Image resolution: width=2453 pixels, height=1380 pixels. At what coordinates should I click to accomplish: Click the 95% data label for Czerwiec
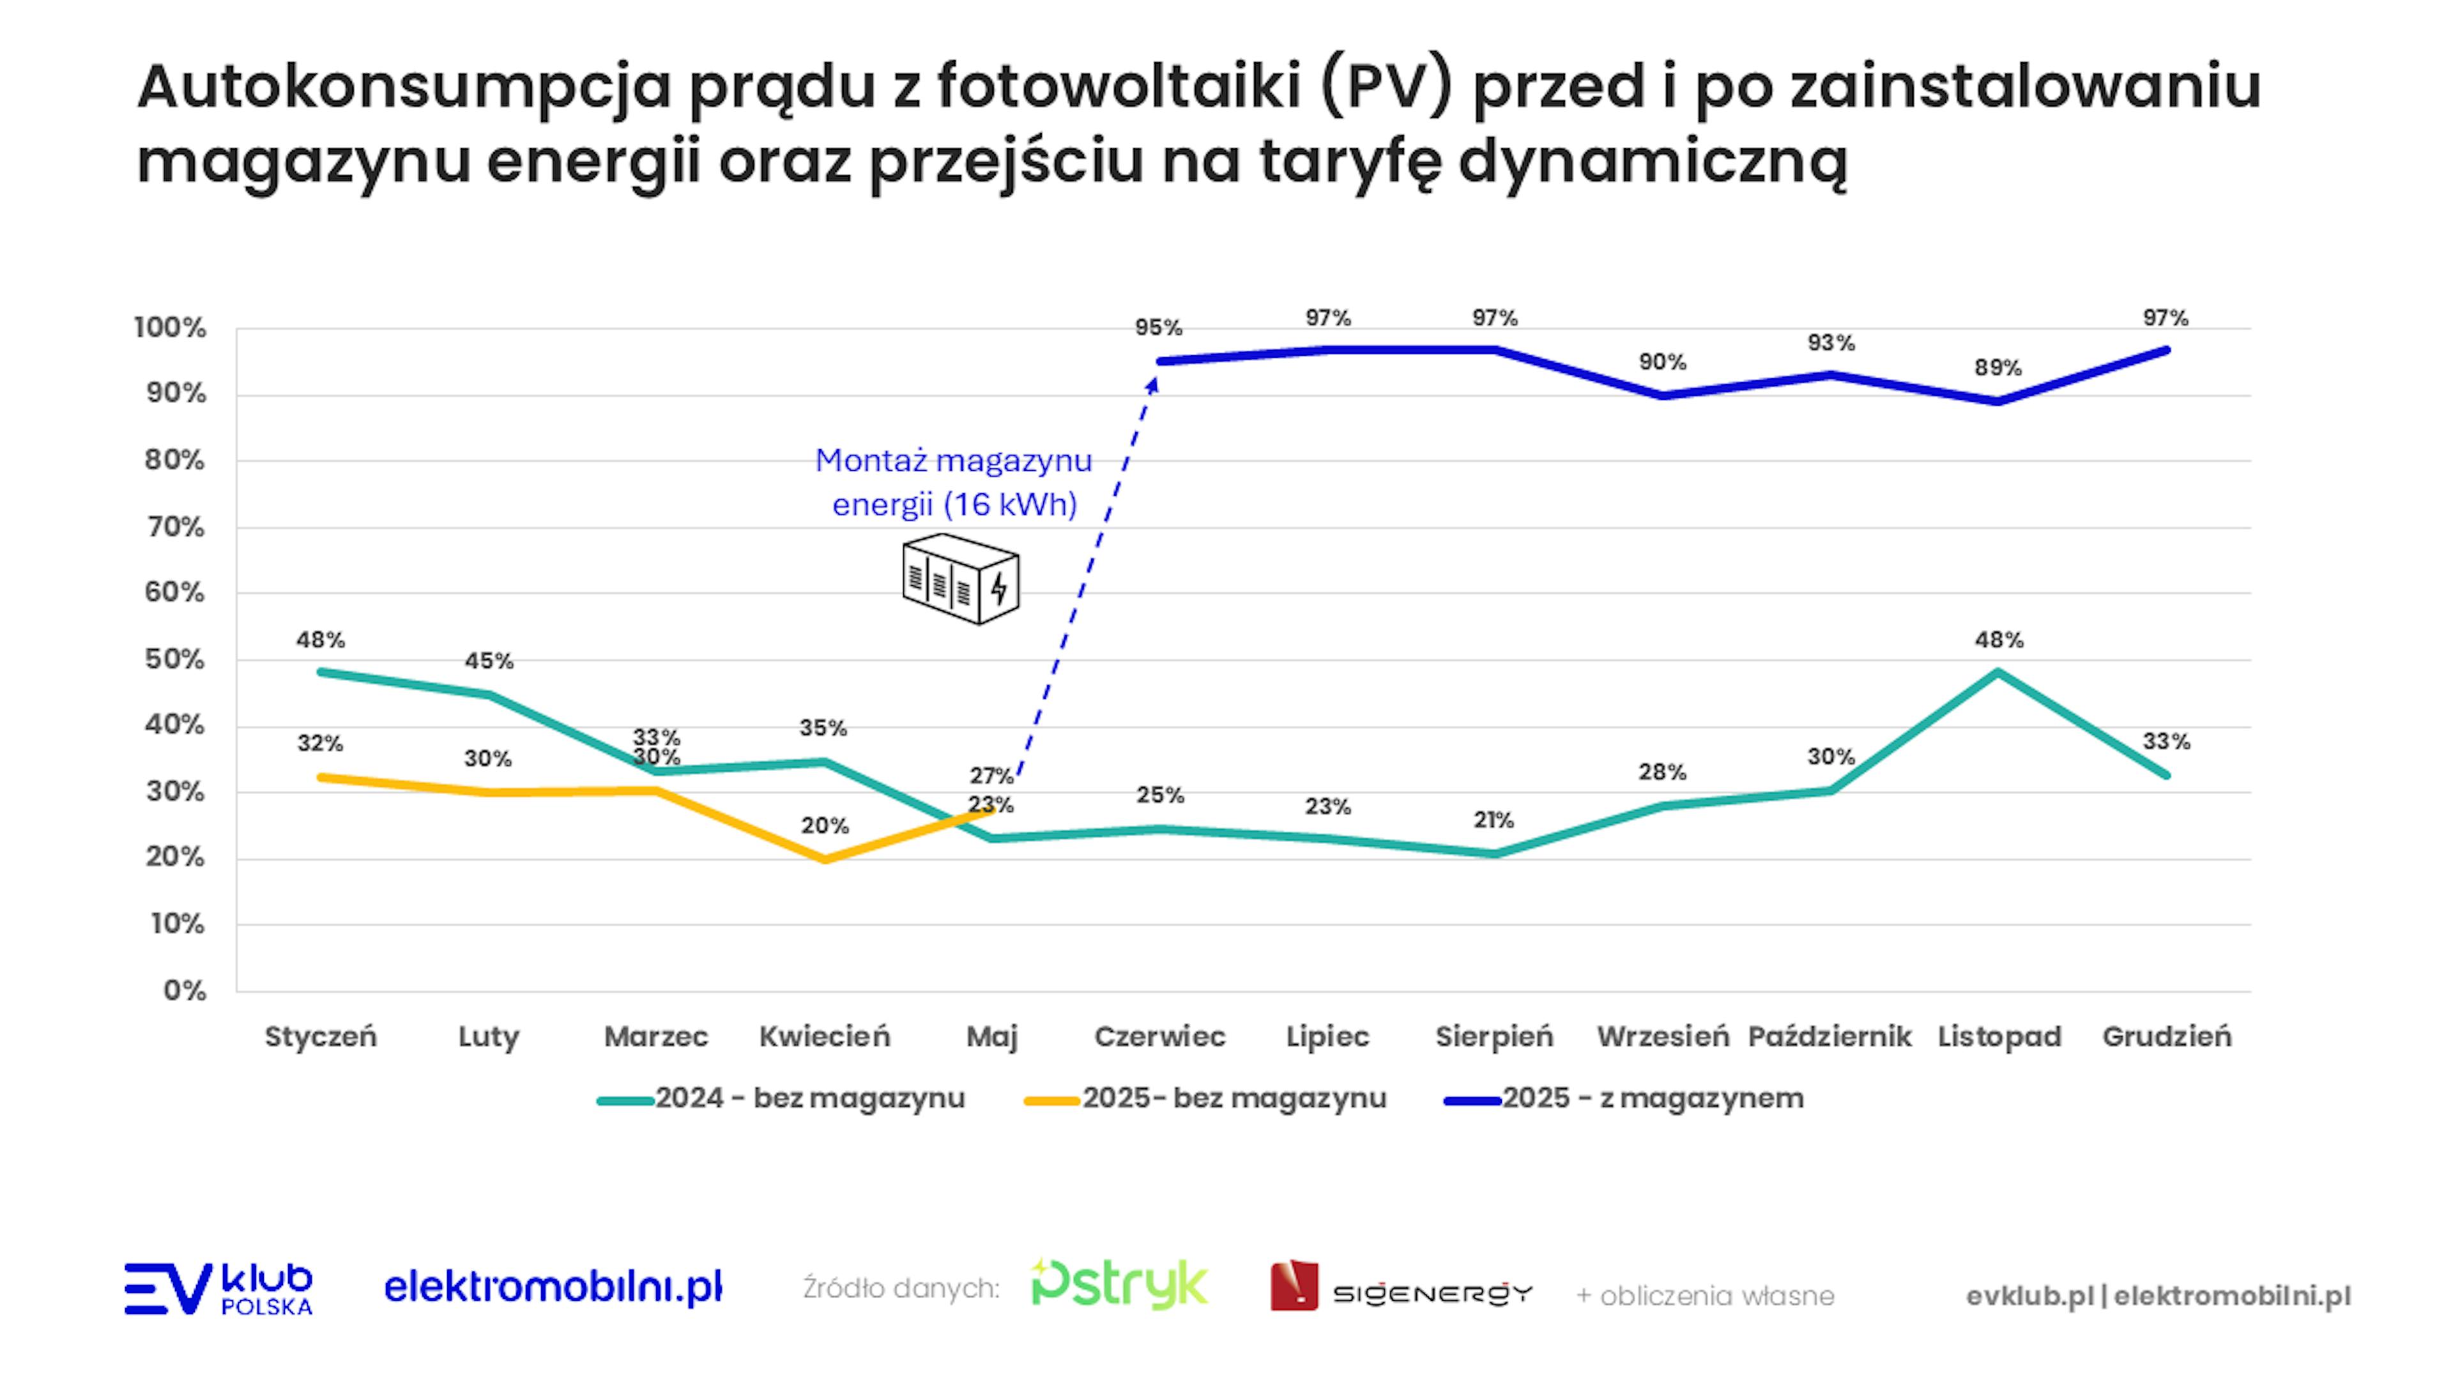pos(1158,328)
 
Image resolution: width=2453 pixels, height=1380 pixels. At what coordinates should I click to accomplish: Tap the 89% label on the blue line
pos(1997,367)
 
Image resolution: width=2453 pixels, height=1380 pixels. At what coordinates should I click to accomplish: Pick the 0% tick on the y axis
pos(184,990)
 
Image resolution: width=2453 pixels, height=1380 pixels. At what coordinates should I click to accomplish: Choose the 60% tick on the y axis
pos(175,592)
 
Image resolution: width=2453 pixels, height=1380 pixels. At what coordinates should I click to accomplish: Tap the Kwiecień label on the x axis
pos(825,1036)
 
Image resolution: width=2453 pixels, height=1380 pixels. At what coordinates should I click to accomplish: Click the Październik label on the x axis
pos(1830,1036)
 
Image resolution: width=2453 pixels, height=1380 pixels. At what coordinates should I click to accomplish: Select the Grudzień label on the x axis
pos(2166,1036)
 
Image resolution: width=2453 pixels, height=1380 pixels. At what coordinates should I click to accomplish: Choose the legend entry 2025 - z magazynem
pos(1624,1098)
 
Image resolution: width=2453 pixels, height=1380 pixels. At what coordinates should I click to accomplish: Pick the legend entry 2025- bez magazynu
pos(1205,1098)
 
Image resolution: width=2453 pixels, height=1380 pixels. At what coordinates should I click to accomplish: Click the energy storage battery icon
pos(960,578)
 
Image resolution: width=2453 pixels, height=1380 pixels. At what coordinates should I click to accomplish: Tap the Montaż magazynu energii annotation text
pos(954,482)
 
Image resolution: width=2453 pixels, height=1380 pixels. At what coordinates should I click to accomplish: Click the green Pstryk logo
pos(1120,1285)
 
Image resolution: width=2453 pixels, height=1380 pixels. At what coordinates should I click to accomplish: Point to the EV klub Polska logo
pos(218,1289)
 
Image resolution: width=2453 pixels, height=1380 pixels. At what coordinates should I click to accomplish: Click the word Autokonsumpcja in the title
pos(405,88)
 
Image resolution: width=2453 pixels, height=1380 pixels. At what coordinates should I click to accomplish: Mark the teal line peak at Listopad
pos(1997,672)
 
